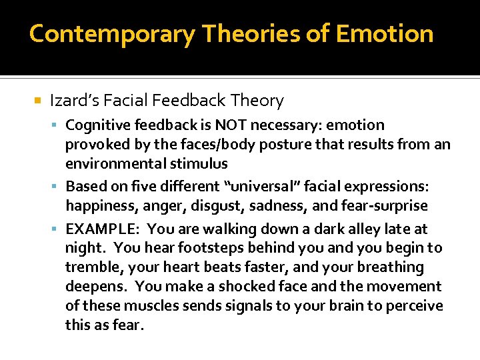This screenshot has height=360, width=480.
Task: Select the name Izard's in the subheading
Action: point(74,101)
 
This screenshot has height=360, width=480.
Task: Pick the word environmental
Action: point(107,163)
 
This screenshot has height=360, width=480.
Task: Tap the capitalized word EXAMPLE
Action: point(102,229)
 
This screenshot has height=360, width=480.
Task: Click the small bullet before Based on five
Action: point(59,187)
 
